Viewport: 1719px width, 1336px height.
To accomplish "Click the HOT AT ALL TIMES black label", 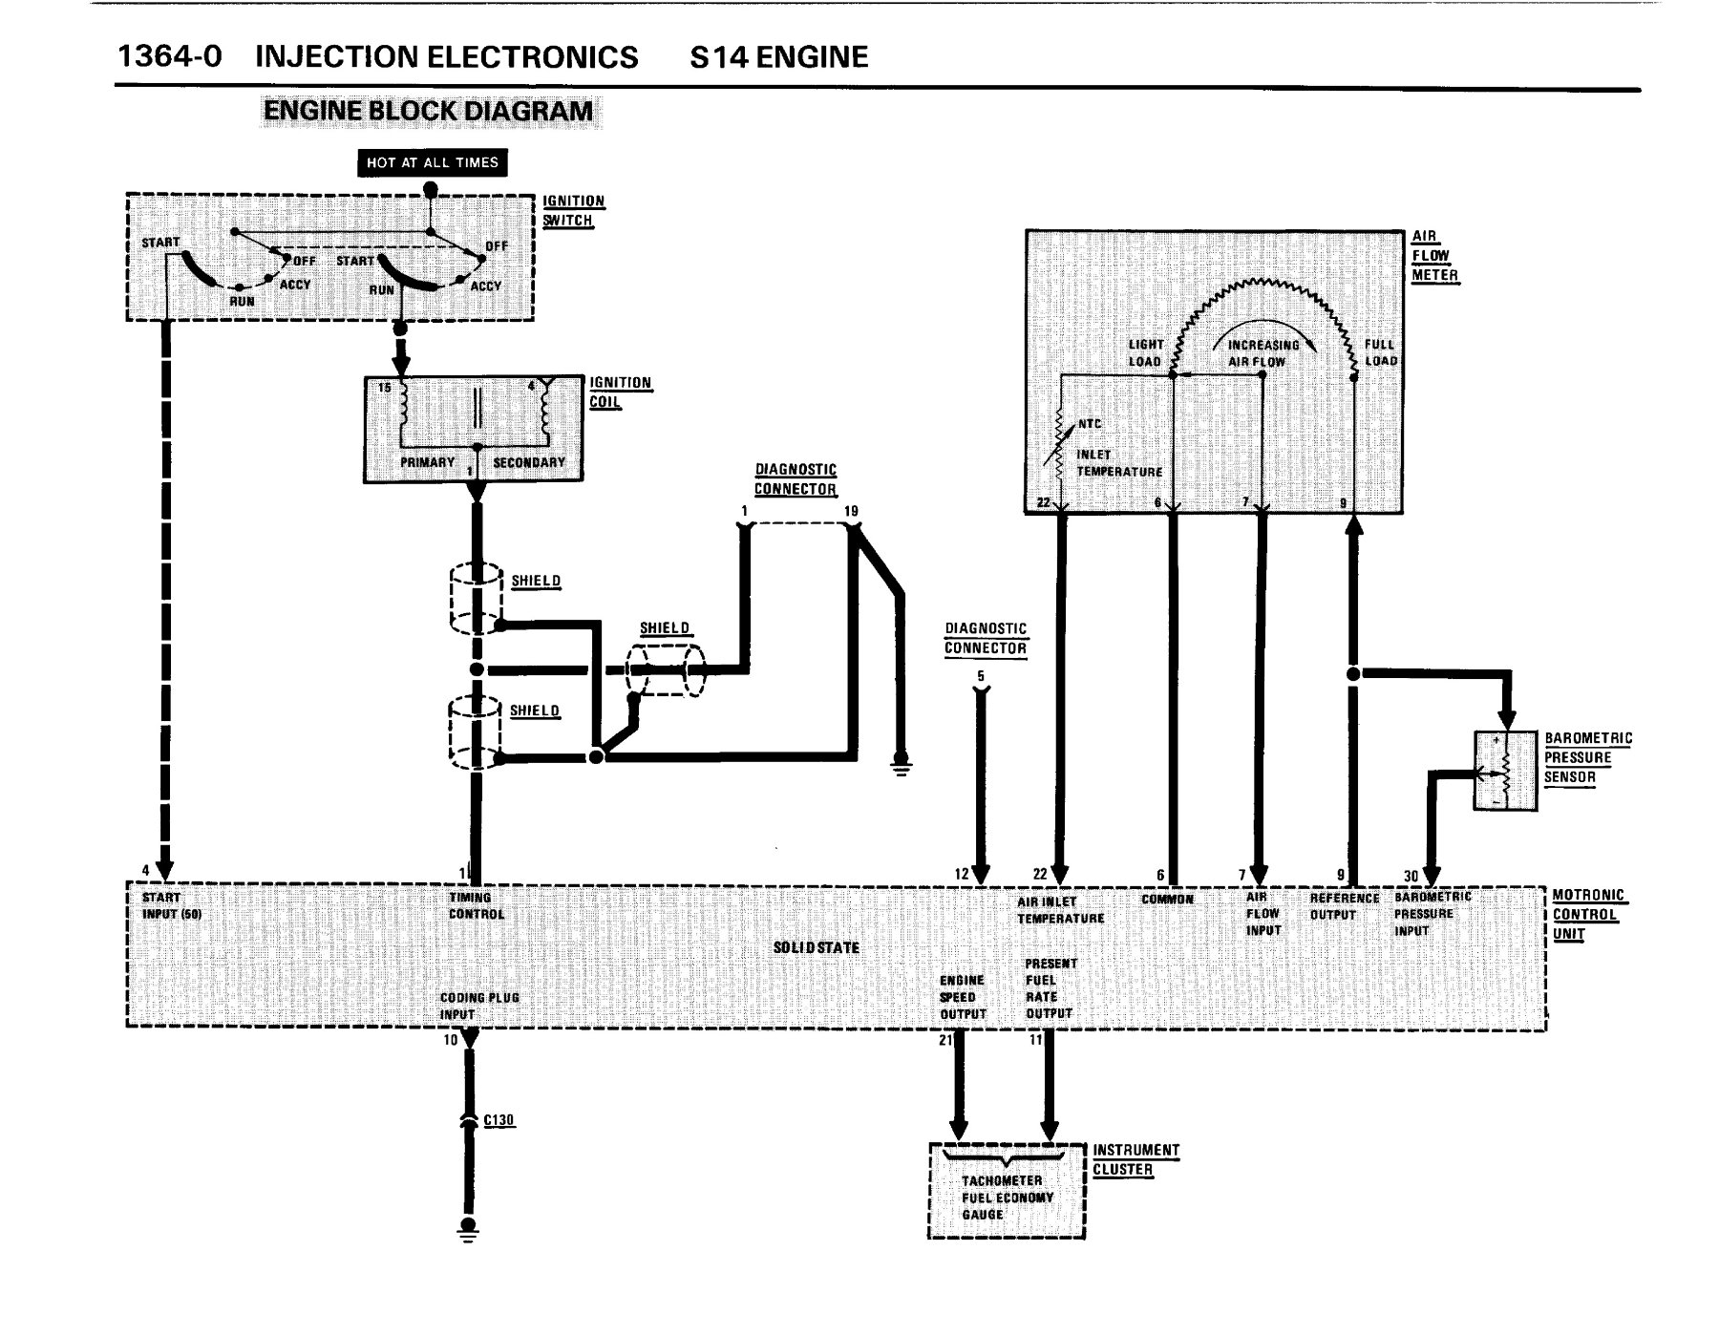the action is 433,162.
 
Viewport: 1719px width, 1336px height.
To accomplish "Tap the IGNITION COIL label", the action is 620,392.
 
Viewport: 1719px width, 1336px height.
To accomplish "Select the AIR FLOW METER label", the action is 1435,256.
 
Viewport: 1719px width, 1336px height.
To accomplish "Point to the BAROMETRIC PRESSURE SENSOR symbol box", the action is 1505,772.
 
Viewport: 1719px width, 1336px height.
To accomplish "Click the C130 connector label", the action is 499,1119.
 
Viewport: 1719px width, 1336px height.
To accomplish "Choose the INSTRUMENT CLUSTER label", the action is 1136,1160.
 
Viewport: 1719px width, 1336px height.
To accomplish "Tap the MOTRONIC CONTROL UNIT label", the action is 1588,915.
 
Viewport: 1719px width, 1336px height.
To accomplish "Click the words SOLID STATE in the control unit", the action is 817,947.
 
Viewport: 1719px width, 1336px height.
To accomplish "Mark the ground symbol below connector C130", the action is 467,1228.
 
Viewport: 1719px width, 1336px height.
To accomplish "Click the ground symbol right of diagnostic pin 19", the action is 901,763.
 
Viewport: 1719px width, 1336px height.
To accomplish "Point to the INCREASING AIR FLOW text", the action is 1263,353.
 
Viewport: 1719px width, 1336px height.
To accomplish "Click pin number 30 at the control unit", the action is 1411,875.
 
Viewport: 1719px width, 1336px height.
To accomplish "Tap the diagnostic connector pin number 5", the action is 981,677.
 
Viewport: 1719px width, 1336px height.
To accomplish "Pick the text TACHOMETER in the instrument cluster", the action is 1002,1181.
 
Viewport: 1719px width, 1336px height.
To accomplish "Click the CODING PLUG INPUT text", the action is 479,1007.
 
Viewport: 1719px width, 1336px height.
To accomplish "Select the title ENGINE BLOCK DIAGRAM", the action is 429,111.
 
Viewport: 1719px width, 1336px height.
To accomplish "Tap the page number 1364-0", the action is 170,56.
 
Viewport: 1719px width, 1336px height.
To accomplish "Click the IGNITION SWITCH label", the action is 573,211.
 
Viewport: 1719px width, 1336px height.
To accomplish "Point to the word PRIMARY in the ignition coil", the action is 427,462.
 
